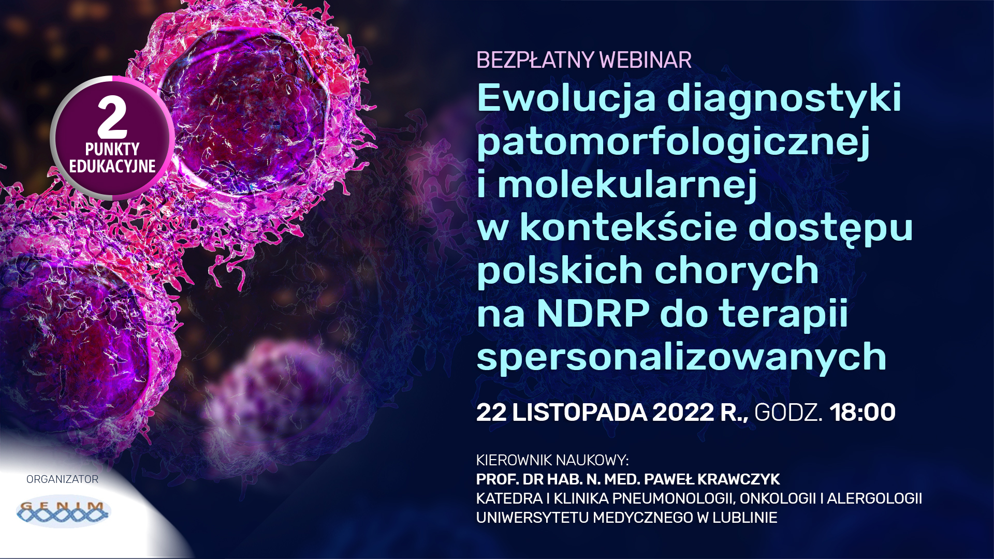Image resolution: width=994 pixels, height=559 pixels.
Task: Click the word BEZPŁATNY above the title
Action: (535, 60)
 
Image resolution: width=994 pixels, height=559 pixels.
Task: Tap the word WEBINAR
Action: (646, 60)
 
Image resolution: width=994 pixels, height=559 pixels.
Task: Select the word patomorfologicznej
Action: (674, 142)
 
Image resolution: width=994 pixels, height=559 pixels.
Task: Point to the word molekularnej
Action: (627, 185)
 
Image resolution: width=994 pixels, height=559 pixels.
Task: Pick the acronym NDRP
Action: (593, 313)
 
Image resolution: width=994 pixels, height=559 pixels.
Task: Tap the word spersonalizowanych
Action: (682, 358)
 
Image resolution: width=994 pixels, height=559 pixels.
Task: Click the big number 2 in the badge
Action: (112, 117)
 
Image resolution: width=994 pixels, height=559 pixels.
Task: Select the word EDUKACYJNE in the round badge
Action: (112, 166)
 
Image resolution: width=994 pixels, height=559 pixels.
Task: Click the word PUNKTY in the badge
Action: (112, 149)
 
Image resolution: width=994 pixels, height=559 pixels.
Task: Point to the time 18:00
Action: (863, 413)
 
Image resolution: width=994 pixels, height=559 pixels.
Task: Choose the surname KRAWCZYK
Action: (739, 479)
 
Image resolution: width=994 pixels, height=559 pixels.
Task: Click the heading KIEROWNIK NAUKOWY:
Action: (552, 460)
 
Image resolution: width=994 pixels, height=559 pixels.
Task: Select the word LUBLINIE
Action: (745, 518)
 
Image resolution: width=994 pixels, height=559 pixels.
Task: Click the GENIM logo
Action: (63, 512)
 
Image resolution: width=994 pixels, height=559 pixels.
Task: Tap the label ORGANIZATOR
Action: (63, 479)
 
